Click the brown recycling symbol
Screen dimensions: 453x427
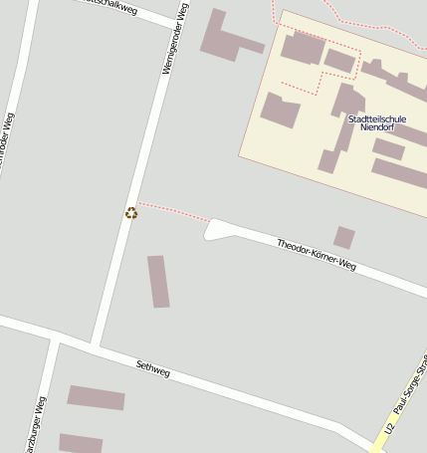click(x=131, y=212)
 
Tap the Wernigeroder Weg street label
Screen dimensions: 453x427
click(x=173, y=39)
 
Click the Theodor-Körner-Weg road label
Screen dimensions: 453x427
click(x=316, y=255)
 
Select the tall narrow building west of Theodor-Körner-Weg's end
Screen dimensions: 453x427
click(x=158, y=281)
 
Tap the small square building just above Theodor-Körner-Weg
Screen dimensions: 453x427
click(x=344, y=237)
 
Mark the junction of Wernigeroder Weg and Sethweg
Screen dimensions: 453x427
click(x=96, y=344)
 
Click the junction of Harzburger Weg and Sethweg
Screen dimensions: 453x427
click(x=56, y=336)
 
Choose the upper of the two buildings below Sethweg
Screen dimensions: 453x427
click(x=97, y=397)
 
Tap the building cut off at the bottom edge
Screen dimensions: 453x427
click(x=81, y=443)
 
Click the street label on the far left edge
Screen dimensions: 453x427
click(x=8, y=144)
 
